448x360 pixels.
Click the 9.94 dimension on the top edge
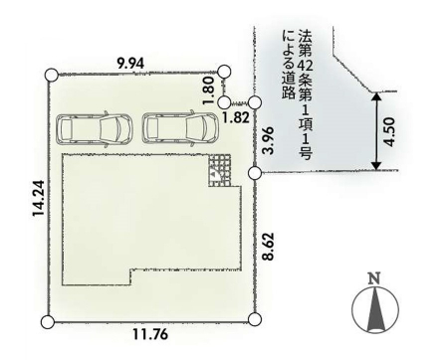coord(130,63)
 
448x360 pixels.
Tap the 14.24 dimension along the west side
coord(39,198)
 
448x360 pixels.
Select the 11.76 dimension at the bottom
coord(150,334)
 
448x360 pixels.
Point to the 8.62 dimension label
coord(269,246)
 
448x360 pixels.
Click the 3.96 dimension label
coord(269,140)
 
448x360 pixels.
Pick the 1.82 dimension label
coord(236,117)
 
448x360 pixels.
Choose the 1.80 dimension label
coord(208,90)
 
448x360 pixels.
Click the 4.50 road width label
coord(389,131)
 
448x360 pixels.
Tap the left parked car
coord(95,129)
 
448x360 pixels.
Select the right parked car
coord(181,128)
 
